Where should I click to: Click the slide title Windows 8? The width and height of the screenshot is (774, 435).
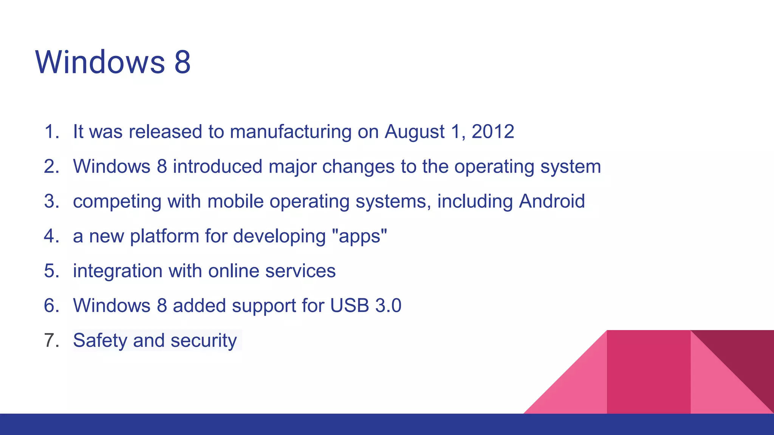pos(113,62)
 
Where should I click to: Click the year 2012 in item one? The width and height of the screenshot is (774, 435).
pos(492,132)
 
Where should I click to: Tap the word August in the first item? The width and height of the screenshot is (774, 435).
pos(414,132)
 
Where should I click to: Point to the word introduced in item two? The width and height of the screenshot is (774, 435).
pos(217,167)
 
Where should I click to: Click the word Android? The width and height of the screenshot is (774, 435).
pos(551,201)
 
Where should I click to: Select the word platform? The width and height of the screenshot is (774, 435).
pos(164,236)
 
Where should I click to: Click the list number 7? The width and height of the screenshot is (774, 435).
pos(51,340)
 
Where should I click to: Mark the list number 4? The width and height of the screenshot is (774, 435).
pos(51,236)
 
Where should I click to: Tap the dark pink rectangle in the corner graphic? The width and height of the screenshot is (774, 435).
pos(648,372)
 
